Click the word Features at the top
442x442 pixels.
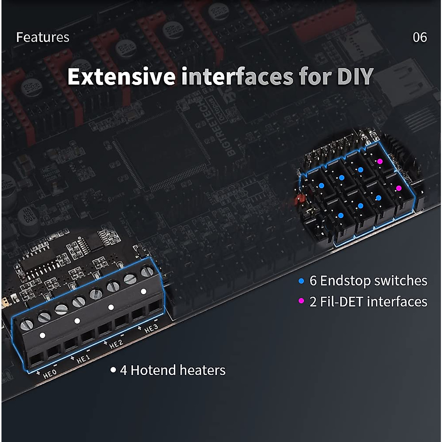[43, 37]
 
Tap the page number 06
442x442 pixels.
[420, 37]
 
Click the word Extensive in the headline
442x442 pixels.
[121, 77]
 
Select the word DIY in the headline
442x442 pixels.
[355, 77]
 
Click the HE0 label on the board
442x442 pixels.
[50, 374]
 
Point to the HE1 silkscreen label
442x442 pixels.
[83, 359]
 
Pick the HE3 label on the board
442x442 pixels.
[151, 328]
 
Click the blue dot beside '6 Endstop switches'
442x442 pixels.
[301, 281]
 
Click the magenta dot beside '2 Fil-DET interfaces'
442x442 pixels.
[301, 301]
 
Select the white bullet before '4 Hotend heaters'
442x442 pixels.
[113, 369]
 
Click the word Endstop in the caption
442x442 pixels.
[345, 281]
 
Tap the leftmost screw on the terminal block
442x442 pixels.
[27, 325]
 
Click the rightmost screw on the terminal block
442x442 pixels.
[147, 272]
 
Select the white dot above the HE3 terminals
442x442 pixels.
[144, 291]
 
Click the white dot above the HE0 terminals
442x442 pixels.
[42, 336]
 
